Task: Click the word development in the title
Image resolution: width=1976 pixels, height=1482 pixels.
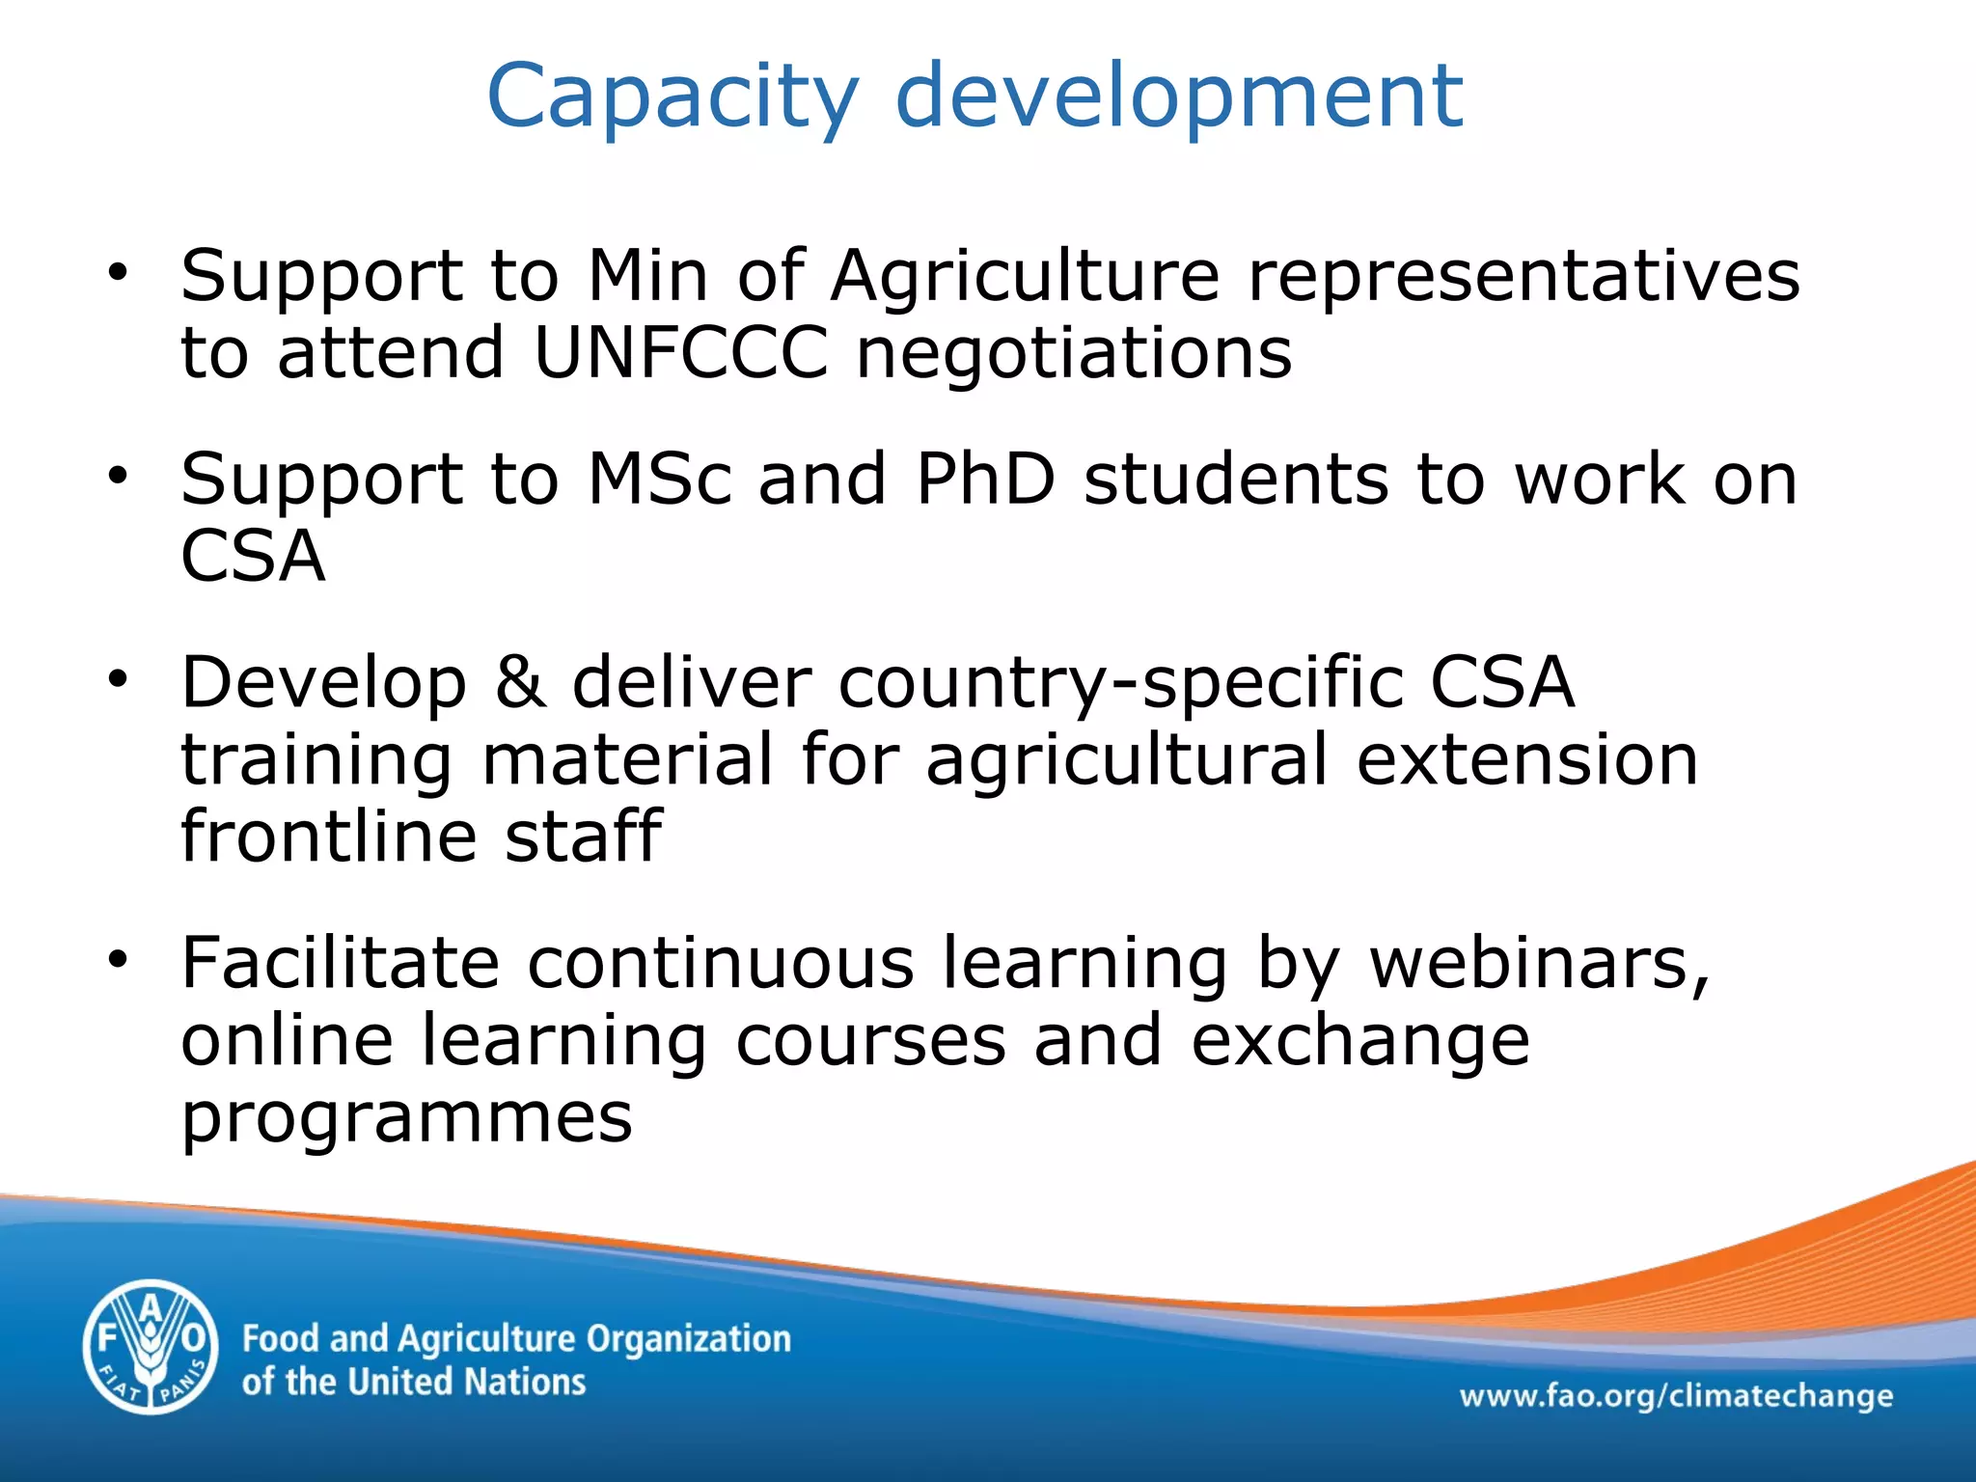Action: (x=1179, y=96)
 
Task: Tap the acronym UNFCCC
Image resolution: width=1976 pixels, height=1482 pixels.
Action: (x=680, y=352)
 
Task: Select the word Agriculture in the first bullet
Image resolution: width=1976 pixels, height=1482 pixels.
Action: (x=1025, y=277)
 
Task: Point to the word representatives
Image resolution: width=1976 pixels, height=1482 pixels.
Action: (x=1523, y=277)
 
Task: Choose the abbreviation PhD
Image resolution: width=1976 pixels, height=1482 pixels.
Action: (x=985, y=479)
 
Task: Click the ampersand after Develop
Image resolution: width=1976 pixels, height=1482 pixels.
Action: (x=520, y=682)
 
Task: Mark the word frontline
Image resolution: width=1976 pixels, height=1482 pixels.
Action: (x=329, y=836)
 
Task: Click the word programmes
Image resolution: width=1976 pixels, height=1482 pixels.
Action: (x=406, y=1119)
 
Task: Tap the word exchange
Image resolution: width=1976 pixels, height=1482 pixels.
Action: (x=1359, y=1042)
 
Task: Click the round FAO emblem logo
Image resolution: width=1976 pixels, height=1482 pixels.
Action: (x=151, y=1346)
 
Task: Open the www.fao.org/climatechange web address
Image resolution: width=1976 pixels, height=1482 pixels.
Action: (x=1675, y=1396)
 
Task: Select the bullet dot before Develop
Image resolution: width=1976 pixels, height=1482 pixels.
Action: (x=118, y=679)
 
